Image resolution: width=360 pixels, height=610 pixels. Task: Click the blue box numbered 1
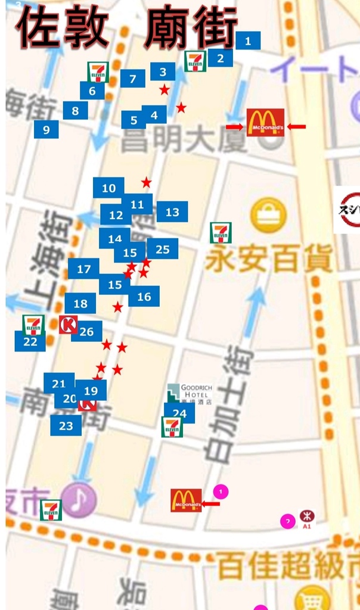coord(248,41)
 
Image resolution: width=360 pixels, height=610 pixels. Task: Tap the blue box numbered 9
coord(46,129)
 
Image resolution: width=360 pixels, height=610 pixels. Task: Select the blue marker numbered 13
coord(172,212)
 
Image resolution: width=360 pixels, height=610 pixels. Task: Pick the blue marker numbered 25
coord(162,249)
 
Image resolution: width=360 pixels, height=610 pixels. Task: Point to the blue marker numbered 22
coord(30,342)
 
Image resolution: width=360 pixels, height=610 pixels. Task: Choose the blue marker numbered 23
coord(66,426)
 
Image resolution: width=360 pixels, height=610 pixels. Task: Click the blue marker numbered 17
coord(84,269)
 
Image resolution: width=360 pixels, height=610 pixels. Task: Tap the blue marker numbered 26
coord(86,332)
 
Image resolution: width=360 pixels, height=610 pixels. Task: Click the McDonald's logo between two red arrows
coord(265,123)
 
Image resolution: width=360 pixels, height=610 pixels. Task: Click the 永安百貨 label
coord(268,260)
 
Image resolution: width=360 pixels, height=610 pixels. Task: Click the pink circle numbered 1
coord(221,492)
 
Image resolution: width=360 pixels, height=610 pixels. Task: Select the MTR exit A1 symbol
coord(307,517)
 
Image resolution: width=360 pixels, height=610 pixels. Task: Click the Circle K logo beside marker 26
coord(68,325)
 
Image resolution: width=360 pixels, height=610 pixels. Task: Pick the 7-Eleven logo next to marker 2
coord(195,61)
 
